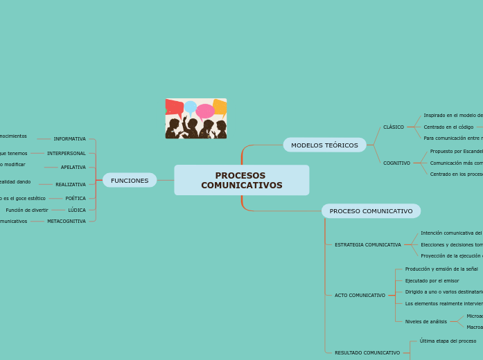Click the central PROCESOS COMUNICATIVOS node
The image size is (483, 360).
(241, 180)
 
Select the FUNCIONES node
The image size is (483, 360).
(130, 181)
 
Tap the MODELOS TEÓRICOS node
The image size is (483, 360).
(324, 145)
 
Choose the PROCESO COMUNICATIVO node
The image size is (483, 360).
(371, 211)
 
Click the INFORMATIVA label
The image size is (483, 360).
(70, 139)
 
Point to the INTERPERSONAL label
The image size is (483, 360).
(67, 153)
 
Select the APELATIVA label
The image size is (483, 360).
(73, 168)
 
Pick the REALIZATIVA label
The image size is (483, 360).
(71, 185)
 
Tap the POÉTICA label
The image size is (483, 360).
(76, 199)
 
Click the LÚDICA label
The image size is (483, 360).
(77, 210)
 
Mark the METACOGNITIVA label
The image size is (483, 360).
(67, 222)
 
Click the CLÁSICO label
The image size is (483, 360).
(394, 127)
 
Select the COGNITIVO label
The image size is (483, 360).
(396, 163)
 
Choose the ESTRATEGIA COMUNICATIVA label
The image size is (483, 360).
(367, 245)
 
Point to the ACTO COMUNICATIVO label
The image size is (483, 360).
(360, 296)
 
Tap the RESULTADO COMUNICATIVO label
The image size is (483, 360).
(367, 353)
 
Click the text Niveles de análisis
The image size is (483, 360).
(426, 322)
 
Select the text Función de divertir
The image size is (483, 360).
(27, 210)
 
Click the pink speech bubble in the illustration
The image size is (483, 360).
(205, 111)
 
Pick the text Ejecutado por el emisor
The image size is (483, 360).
(432, 281)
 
